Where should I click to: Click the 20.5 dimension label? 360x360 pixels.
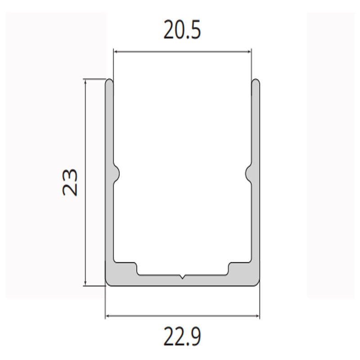(182, 32)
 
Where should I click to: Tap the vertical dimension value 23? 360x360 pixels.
(71, 182)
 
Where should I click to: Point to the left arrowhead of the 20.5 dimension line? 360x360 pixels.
(116, 52)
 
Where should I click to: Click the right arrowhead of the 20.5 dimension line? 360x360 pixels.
(249, 52)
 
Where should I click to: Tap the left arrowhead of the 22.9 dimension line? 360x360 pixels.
(108, 316)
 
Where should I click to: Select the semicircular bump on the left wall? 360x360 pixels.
(117, 172)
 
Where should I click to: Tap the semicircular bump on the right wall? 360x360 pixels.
(248, 172)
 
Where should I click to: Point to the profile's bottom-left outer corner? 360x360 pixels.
(107, 283)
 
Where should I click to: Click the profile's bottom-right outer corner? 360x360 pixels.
(259, 283)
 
